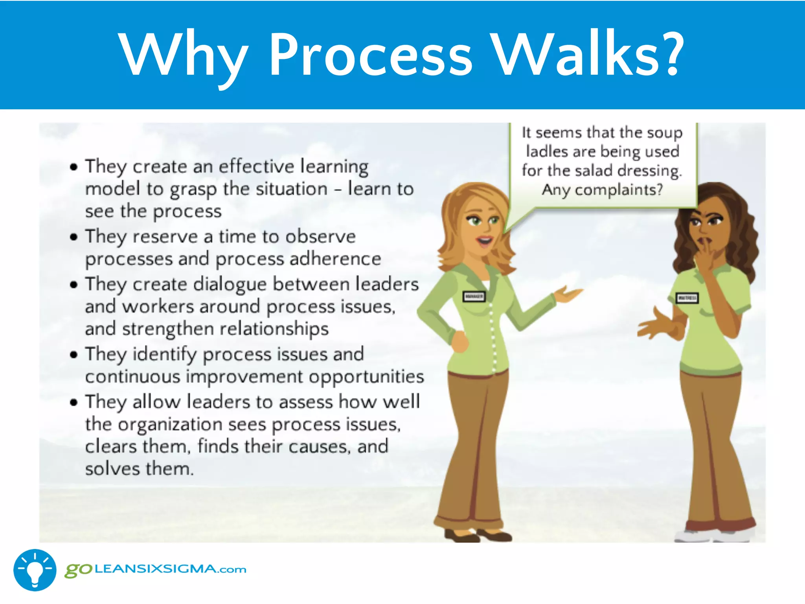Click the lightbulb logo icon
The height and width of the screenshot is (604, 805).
pyautogui.click(x=35, y=570)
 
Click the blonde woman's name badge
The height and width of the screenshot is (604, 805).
pyautogui.click(x=474, y=296)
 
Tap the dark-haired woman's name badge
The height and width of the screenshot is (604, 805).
pyautogui.click(x=687, y=298)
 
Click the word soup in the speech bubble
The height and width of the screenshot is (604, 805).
pyautogui.click(x=664, y=133)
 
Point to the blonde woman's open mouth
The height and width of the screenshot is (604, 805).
pyautogui.click(x=484, y=240)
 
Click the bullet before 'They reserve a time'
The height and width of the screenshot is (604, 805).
pyautogui.click(x=74, y=237)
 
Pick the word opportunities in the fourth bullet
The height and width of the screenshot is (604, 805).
pyautogui.click(x=366, y=377)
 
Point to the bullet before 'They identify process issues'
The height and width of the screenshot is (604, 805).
pyautogui.click(x=74, y=355)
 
